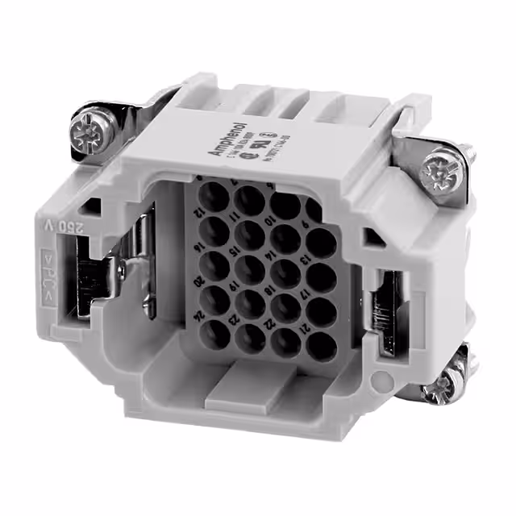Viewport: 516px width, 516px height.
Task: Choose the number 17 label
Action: pos(304,294)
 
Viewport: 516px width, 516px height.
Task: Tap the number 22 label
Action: pos(267,324)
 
